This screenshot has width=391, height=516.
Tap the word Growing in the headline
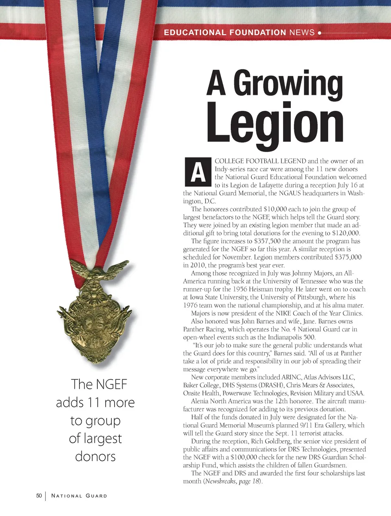point(288,84)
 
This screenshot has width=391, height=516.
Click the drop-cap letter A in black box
point(198,172)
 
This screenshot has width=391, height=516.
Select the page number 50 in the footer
point(39,496)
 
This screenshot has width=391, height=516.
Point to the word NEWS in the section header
point(302,33)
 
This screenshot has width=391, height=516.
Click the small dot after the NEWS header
point(320,33)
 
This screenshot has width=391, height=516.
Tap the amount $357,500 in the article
point(267,241)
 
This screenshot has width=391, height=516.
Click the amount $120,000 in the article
point(346,233)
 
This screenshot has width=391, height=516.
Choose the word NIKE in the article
point(284,313)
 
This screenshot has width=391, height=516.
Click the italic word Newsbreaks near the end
point(221,481)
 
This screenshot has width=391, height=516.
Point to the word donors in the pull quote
point(95,456)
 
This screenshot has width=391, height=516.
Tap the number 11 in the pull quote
point(93,403)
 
